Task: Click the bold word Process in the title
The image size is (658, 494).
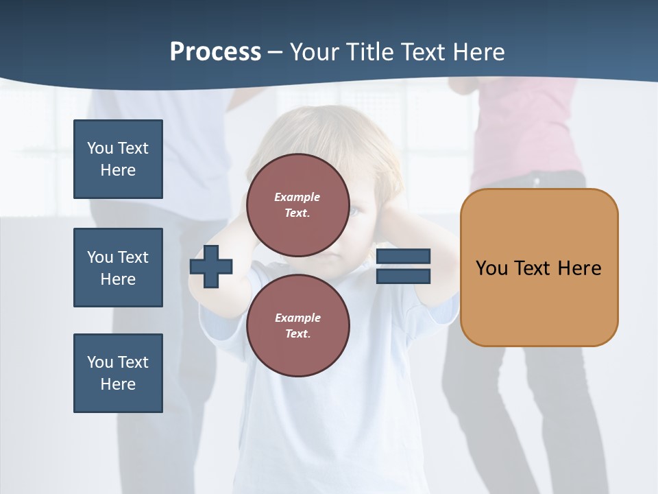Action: (215, 52)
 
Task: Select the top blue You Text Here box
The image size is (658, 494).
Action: (118, 159)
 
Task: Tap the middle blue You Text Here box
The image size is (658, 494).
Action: (118, 268)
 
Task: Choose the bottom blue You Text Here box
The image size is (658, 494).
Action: (118, 373)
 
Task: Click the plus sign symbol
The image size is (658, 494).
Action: (211, 266)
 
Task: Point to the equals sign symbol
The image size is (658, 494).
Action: (403, 266)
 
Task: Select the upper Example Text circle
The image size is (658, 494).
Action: (297, 205)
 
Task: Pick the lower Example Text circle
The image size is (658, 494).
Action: (297, 325)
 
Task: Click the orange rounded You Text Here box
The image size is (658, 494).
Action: (539, 268)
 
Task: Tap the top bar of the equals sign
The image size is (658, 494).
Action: (403, 256)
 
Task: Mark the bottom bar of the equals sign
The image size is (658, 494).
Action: (403, 277)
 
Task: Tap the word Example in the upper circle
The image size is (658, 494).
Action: (297, 197)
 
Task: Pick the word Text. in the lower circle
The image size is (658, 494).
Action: (297, 334)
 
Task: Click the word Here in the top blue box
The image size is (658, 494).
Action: (118, 170)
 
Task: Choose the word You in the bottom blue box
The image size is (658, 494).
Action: (100, 362)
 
